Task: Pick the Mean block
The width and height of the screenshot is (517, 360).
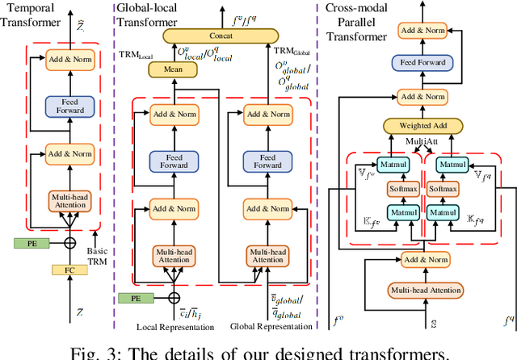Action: coord(167,71)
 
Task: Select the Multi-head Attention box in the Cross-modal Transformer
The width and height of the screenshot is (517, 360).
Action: coord(426,291)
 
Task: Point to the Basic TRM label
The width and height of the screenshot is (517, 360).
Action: coord(97,256)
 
